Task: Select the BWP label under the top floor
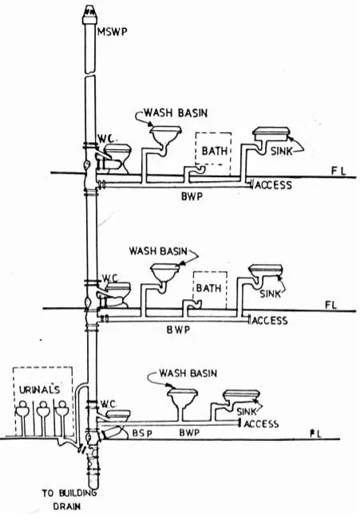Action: pos(192,196)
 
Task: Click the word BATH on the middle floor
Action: pos(208,288)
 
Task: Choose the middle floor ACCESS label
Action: pos(270,321)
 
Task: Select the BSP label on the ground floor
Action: pos(142,433)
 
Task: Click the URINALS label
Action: pos(39,390)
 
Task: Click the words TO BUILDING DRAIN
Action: pos(69,499)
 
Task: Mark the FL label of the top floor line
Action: pos(338,171)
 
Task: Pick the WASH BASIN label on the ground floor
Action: pos(188,373)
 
